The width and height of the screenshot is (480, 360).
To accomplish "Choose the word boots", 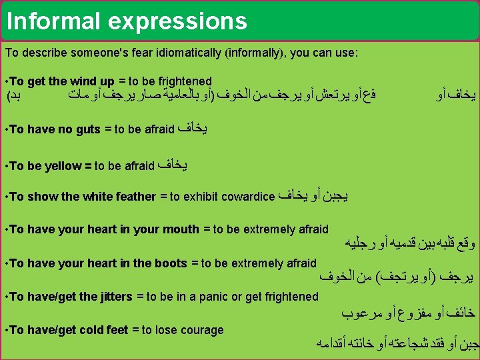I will point(170,263).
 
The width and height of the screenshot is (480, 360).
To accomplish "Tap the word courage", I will point(202,330).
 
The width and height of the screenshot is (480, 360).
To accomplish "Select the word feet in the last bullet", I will point(118,330).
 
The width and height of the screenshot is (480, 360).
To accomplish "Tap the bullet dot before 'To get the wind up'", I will point(6,81).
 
